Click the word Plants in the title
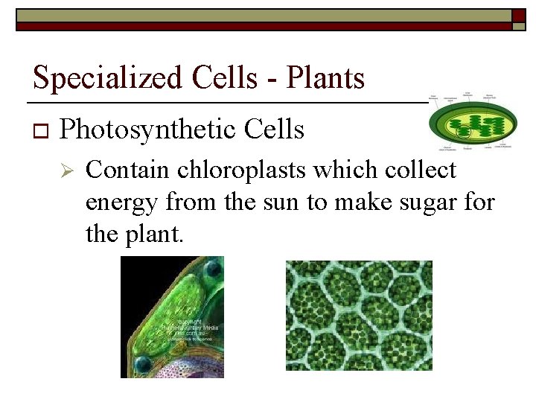(325, 78)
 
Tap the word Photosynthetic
(146, 130)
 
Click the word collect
(420, 170)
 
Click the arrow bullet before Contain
(66, 171)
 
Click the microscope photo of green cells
(359, 315)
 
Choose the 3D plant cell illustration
(172, 316)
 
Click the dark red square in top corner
(519, 16)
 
